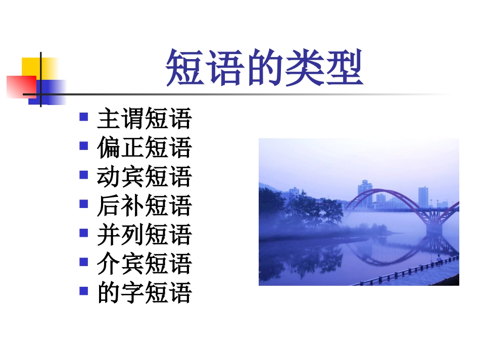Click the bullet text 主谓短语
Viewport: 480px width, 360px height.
click(x=145, y=119)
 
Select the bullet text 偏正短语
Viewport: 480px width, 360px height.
click(x=145, y=148)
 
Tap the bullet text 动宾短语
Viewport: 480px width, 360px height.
click(x=145, y=177)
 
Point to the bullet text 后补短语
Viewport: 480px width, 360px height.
click(x=145, y=205)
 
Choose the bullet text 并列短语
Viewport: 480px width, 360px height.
click(x=145, y=234)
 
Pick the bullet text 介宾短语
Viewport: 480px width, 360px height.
click(x=145, y=263)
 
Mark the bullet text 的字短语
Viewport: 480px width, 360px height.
click(x=145, y=292)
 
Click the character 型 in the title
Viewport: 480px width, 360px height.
click(x=346, y=68)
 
